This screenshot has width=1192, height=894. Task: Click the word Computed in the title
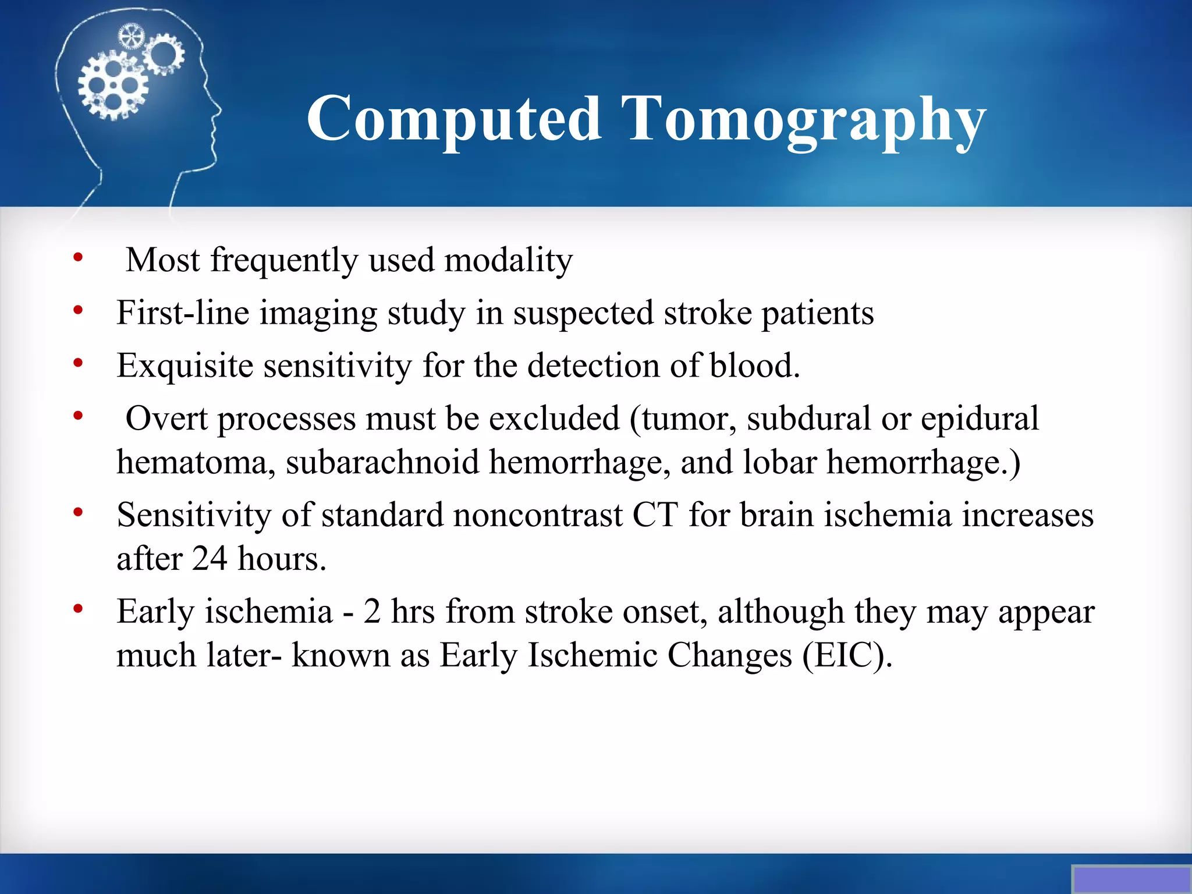pyautogui.click(x=453, y=119)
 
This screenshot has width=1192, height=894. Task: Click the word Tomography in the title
pyautogui.click(x=803, y=119)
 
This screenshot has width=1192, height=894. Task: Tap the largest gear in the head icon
pyautogui.click(x=113, y=86)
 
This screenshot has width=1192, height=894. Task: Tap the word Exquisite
pyautogui.click(x=185, y=366)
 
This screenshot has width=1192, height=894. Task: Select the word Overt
pyautogui.click(x=166, y=419)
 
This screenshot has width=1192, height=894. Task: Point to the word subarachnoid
pyautogui.click(x=382, y=463)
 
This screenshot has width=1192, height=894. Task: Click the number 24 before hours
pyautogui.click(x=210, y=559)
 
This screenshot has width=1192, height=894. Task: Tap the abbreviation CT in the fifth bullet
pyautogui.click(x=655, y=516)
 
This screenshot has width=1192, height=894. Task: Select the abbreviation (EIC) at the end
pyautogui.click(x=847, y=656)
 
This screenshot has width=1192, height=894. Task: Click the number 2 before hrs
pyautogui.click(x=372, y=612)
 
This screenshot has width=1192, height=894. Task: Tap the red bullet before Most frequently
pyautogui.click(x=78, y=257)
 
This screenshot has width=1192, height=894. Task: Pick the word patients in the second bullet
pyautogui.click(x=817, y=313)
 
